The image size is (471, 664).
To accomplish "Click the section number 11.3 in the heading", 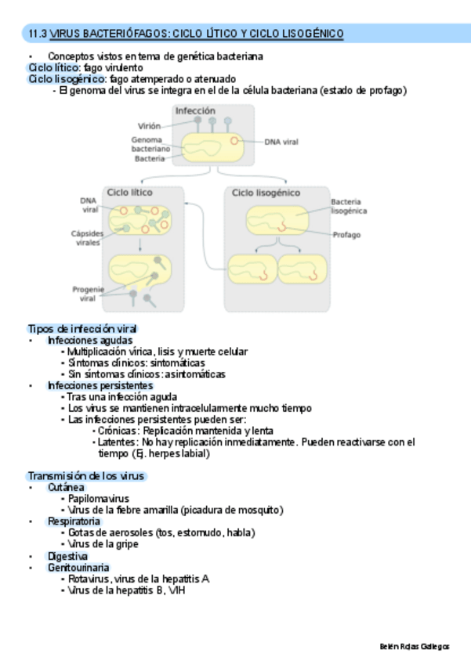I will [x=38, y=34].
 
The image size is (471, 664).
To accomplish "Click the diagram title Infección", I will [x=195, y=111].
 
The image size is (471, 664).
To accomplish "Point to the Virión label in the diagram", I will [x=149, y=125].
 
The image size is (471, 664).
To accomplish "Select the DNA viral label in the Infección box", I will [x=281, y=142].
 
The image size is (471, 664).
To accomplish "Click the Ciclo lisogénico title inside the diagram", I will [x=266, y=193].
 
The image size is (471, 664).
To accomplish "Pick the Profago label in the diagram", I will [x=346, y=234].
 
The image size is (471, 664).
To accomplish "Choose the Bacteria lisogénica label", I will [x=349, y=206].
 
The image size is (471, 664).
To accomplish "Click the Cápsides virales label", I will [x=87, y=238].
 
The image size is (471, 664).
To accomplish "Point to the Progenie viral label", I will [x=88, y=293].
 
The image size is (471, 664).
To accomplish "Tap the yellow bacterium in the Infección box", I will [x=212, y=146].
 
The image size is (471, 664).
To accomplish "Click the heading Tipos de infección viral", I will [x=82, y=329].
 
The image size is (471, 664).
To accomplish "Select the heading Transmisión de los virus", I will [x=86, y=476].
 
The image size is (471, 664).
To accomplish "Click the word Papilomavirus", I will [x=99, y=498].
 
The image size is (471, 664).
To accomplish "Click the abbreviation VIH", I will [x=176, y=590].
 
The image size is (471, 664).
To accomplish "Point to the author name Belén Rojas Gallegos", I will [x=414, y=647].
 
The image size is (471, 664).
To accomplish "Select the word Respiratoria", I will [x=74, y=521].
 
